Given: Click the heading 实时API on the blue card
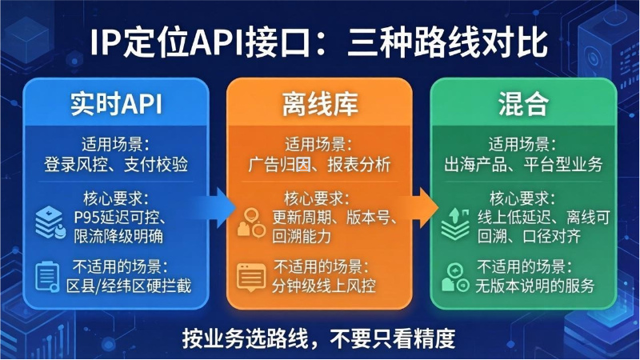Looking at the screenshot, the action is click(116, 104).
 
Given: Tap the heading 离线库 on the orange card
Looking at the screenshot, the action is click(320, 104).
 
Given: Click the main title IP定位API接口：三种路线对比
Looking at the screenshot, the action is click(319, 42).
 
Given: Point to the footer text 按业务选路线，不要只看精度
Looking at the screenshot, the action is click(319, 335).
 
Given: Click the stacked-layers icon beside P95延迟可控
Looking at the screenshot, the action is click(50, 223).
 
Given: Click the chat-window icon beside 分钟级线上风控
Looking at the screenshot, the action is click(250, 277).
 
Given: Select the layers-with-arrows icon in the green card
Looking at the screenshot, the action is click(455, 223).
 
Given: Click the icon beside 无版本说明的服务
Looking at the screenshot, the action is click(454, 277).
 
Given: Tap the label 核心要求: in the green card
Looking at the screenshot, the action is click(523, 197).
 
